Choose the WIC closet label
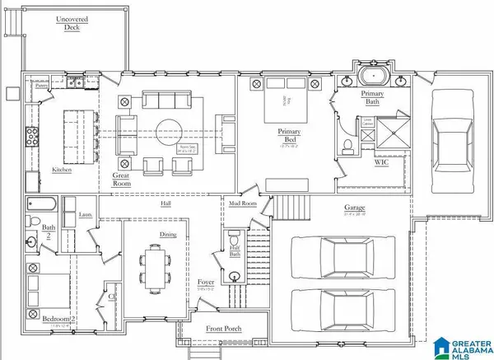coord(381,162)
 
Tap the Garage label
coord(356,208)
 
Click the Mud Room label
coord(242,203)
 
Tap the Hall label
coord(165,202)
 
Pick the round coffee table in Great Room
coord(171,130)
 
